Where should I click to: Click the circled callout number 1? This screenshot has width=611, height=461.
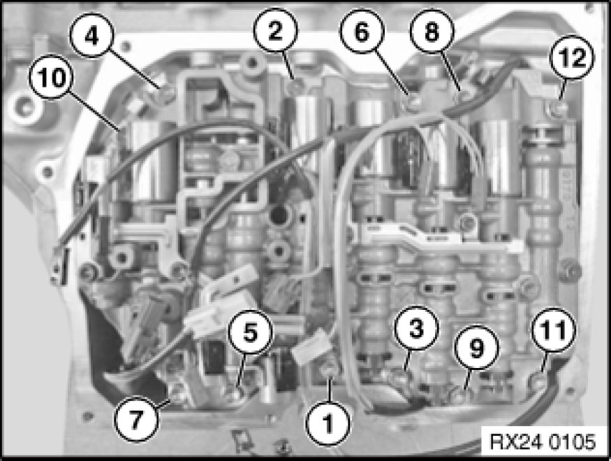pyautogui.click(x=328, y=423)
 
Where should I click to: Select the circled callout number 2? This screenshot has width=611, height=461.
pyautogui.click(x=276, y=30)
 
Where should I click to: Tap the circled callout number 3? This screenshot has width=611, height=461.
pyautogui.click(x=416, y=328)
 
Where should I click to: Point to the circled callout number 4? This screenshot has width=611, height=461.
pyautogui.click(x=91, y=36)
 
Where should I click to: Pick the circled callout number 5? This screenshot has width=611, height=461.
pyautogui.click(x=251, y=332)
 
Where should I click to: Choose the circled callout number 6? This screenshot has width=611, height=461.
pyautogui.click(x=362, y=31)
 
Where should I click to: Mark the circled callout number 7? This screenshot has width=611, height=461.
pyautogui.click(x=136, y=420)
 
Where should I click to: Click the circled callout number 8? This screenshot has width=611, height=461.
pyautogui.click(x=432, y=31)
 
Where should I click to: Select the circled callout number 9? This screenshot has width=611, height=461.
pyautogui.click(x=476, y=348)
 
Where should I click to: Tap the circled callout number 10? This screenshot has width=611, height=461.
pyautogui.click(x=51, y=77)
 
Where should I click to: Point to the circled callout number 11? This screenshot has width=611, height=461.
pyautogui.click(x=554, y=330)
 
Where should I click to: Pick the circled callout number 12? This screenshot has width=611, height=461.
pyautogui.click(x=572, y=57)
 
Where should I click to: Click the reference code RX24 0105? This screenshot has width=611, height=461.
pyautogui.click(x=542, y=442)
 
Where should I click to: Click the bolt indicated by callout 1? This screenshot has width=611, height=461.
pyautogui.click(x=328, y=368)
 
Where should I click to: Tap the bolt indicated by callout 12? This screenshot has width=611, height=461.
pyautogui.click(x=558, y=107)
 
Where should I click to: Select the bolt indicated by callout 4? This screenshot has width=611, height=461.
pyautogui.click(x=167, y=92)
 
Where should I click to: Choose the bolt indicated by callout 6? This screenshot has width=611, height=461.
pyautogui.click(x=414, y=101)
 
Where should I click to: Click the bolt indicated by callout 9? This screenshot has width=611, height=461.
pyautogui.click(x=459, y=395)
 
